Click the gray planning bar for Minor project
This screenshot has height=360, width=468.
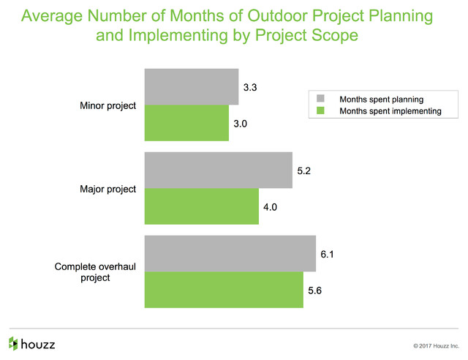[x=192, y=86]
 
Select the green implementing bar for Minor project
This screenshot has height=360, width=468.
[x=187, y=123]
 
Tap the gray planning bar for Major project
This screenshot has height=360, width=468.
[x=219, y=170]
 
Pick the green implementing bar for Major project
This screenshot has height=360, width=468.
[x=202, y=206]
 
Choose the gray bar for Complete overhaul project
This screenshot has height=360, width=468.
[x=230, y=253]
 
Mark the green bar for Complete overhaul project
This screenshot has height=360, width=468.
[x=224, y=290]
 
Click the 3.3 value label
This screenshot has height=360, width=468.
[x=250, y=87]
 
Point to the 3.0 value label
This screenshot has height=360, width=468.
[x=241, y=124]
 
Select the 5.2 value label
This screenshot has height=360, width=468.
[x=304, y=170]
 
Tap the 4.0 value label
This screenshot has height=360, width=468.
[x=270, y=207]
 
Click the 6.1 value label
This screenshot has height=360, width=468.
[x=327, y=254]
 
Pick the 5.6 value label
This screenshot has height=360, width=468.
[x=315, y=290]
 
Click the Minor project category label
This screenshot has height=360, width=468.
[x=107, y=106]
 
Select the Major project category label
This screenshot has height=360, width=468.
[x=107, y=189]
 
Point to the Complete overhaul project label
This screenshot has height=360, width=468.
[x=95, y=272]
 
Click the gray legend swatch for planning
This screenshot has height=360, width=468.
[x=320, y=99]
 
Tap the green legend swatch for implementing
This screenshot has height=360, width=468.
[x=320, y=110]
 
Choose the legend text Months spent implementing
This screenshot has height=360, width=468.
[x=390, y=111]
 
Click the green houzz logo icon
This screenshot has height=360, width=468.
[x=13, y=344]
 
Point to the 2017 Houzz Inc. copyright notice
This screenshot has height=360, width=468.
[x=436, y=346]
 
